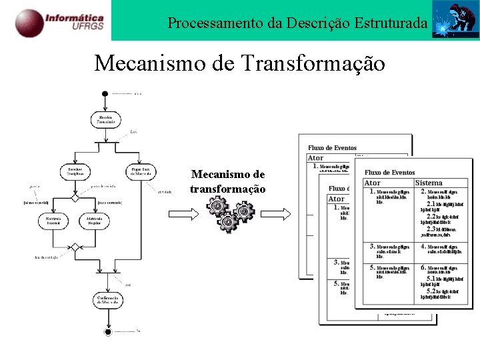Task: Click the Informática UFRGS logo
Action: tap(59, 21)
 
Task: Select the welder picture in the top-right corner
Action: tap(455, 20)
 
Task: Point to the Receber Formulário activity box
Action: tap(107, 120)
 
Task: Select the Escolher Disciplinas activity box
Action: tap(75, 172)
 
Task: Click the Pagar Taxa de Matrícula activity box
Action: tap(141, 172)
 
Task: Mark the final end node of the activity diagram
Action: tap(107, 331)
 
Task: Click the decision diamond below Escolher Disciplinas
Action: tap(75, 198)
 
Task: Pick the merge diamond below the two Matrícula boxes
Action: tap(75, 247)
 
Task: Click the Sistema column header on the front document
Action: tap(428, 183)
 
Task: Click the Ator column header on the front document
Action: tap(373, 183)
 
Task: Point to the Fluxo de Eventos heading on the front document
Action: tap(389, 172)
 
